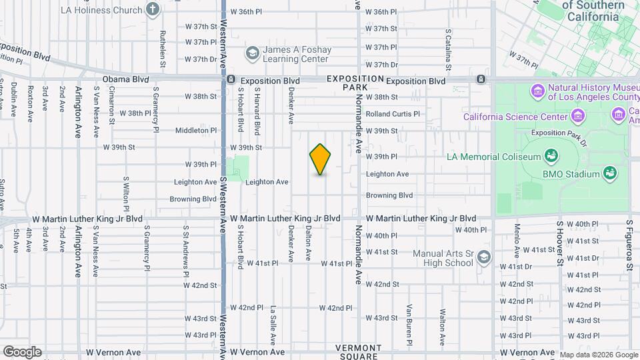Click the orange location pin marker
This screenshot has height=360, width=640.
point(321,159)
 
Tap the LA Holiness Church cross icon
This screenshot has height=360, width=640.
point(153,10)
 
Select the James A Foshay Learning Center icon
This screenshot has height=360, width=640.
point(253,53)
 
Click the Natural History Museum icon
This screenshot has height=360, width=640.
point(538,90)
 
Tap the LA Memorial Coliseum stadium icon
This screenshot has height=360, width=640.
point(551,157)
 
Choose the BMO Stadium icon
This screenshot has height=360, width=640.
point(609,174)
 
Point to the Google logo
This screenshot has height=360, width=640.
point(21,352)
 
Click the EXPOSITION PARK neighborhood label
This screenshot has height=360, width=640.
point(355,83)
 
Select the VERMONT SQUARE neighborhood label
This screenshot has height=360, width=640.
point(358,352)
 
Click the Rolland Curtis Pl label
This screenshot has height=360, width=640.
point(393,114)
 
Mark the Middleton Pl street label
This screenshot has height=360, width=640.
point(196,131)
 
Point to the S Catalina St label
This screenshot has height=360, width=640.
point(449,50)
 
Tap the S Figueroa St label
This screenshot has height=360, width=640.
point(629,246)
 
